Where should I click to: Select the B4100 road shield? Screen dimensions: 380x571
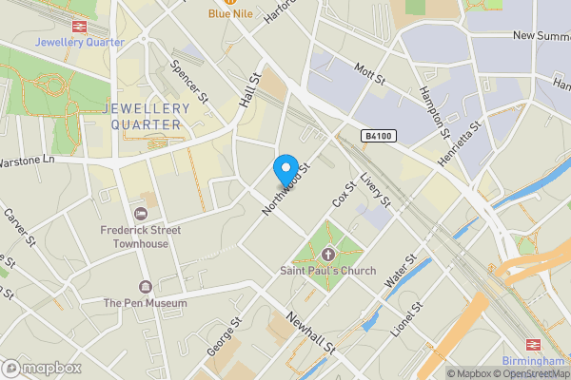pos(378,138)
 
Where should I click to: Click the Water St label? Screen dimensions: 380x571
pos(401,271)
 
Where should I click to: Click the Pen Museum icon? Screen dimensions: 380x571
pos(145,287)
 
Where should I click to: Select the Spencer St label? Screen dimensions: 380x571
pos(188,82)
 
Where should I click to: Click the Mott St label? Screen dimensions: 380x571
pos(367,72)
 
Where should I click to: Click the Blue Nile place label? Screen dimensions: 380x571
pos(231,14)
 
